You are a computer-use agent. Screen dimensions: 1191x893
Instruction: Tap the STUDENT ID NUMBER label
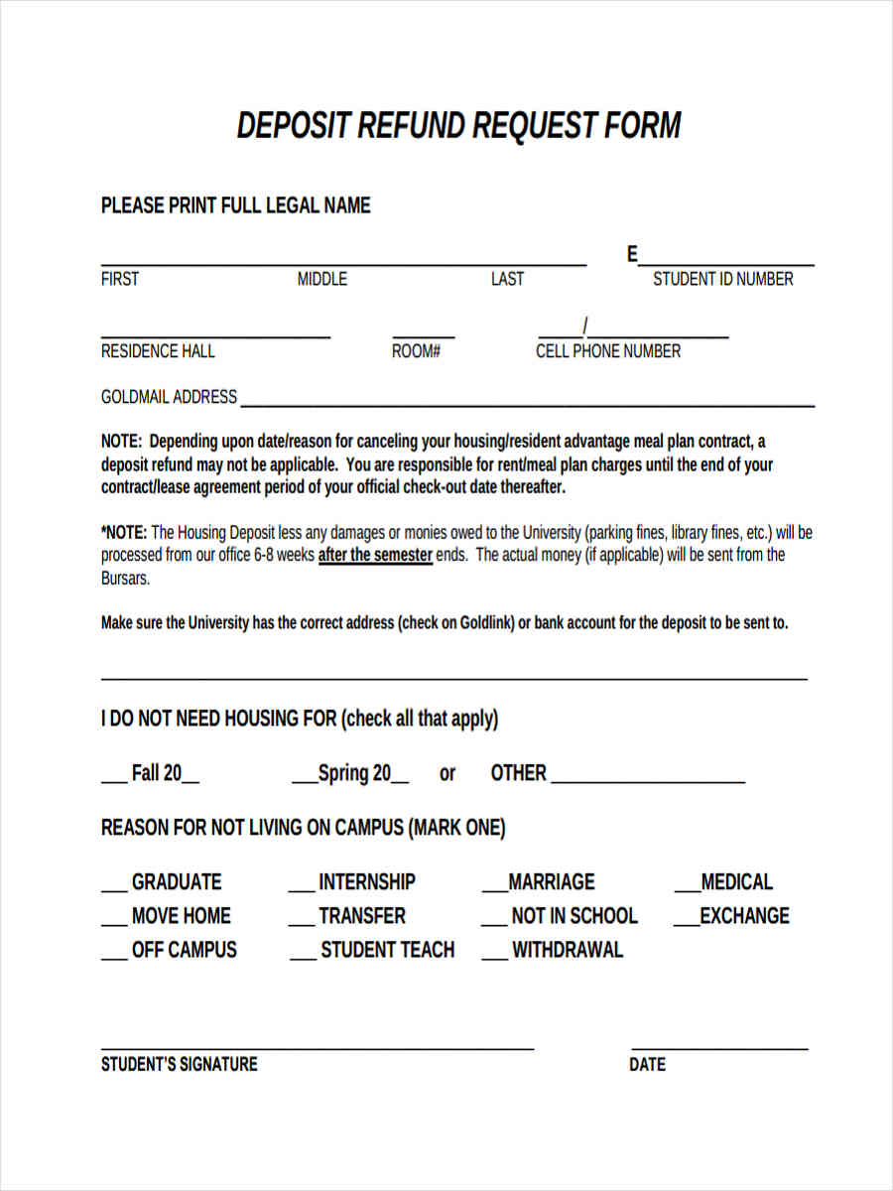click(722, 279)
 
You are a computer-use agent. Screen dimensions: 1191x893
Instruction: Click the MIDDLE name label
click(322, 279)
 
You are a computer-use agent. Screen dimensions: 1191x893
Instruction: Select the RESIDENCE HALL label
click(158, 351)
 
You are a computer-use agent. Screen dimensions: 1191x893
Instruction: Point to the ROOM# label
click(416, 351)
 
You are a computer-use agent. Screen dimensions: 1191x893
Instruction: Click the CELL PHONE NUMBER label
click(608, 351)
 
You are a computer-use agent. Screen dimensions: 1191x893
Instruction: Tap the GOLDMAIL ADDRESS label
click(169, 397)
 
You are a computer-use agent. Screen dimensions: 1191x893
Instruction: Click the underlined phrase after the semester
click(375, 556)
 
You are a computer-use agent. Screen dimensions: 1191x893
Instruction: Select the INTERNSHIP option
click(366, 882)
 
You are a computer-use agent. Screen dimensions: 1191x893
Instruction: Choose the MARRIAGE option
click(551, 882)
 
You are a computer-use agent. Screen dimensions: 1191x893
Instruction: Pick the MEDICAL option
click(735, 882)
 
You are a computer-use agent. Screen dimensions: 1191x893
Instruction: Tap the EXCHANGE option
click(744, 916)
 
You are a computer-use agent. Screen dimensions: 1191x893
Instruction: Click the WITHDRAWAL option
click(567, 950)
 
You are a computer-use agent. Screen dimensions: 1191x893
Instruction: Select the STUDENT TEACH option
click(387, 950)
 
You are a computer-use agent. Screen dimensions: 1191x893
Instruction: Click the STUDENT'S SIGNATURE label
click(179, 1064)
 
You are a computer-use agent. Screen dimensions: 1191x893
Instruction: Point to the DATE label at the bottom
click(647, 1065)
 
